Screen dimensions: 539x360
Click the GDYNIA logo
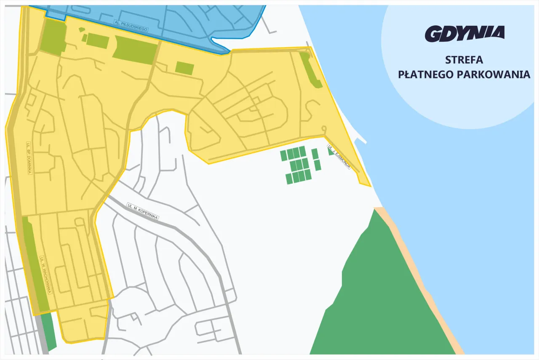(464, 34)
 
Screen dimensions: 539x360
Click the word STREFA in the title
(464, 59)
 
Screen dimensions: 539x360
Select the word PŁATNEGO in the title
(425, 75)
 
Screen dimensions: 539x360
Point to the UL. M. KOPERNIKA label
(142, 211)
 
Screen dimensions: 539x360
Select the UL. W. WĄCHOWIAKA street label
(45, 275)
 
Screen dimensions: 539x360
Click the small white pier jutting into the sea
(360, 139)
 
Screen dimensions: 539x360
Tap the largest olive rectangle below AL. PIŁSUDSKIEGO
(134, 50)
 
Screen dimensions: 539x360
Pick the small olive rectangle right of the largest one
(184, 68)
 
